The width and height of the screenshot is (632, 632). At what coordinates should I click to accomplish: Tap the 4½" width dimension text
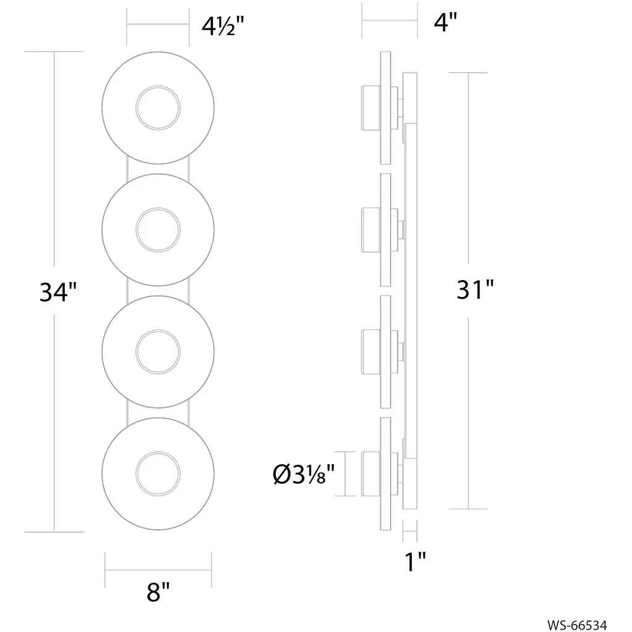(223, 27)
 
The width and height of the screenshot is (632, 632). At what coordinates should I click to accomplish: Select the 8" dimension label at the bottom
(158, 592)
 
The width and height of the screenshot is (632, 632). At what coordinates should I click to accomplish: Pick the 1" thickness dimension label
(415, 562)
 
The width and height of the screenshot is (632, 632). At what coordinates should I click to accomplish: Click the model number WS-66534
(577, 625)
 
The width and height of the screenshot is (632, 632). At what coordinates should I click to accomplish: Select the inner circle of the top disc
(158, 86)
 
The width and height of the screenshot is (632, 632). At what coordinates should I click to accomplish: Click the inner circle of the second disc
(158, 209)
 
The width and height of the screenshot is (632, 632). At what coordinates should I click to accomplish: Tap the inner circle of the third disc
(158, 331)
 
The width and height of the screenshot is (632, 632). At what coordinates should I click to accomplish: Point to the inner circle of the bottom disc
(158, 452)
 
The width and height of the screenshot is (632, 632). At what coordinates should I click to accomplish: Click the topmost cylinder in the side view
(371, 107)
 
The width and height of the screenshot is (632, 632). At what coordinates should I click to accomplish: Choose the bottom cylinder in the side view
(371, 473)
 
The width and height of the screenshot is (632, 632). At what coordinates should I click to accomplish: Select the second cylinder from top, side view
(371, 230)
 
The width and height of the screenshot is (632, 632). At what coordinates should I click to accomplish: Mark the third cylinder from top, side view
(371, 352)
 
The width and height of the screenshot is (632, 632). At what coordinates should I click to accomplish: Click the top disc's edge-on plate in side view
(386, 107)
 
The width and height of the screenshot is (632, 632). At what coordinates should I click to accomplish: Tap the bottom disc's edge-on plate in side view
(386, 473)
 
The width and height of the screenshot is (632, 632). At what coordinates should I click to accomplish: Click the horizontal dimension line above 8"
(158, 570)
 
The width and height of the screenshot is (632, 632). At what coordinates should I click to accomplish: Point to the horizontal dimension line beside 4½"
(158, 24)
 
